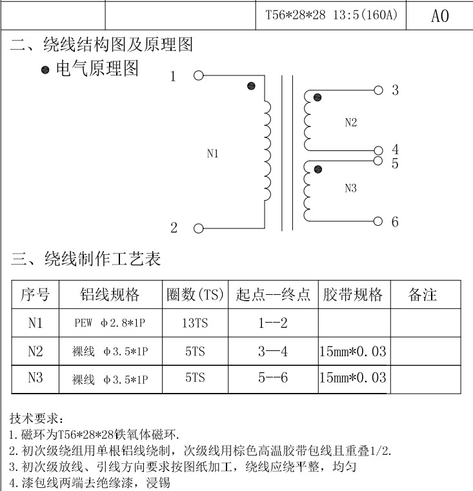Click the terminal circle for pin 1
point(199,75)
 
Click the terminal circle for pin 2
point(199,228)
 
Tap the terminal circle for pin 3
point(378,90)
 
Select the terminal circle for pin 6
point(378,221)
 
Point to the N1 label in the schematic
point(213,154)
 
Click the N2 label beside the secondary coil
point(350,123)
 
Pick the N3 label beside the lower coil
point(350,188)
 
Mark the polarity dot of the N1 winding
point(251,86)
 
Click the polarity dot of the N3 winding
point(317,169)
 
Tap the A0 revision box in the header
point(439,15)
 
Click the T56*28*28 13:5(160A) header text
point(332,15)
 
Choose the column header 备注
point(423,295)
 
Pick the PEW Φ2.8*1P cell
point(111,323)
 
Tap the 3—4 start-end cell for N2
point(272,351)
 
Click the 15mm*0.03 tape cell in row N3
point(353,378)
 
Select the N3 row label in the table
point(35,378)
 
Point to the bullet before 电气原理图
point(45,70)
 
